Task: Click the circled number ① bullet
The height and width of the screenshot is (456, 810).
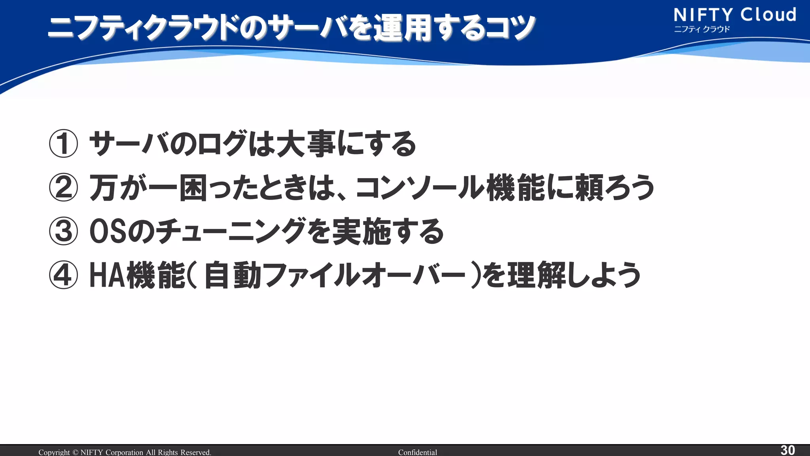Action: [63, 144]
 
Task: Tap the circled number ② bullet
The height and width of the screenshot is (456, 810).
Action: [63, 188]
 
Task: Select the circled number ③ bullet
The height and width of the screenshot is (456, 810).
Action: [63, 232]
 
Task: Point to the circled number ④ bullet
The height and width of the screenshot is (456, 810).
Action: [63, 275]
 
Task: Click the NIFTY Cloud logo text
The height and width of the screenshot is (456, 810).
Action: [735, 15]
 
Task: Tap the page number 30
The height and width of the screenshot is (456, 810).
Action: [787, 450]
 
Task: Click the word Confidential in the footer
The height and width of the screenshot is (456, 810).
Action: [417, 452]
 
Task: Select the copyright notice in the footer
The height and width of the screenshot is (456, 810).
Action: [125, 452]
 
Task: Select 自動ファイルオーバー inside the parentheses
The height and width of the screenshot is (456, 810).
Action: [335, 275]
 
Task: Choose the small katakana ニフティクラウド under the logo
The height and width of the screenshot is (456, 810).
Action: [702, 29]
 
